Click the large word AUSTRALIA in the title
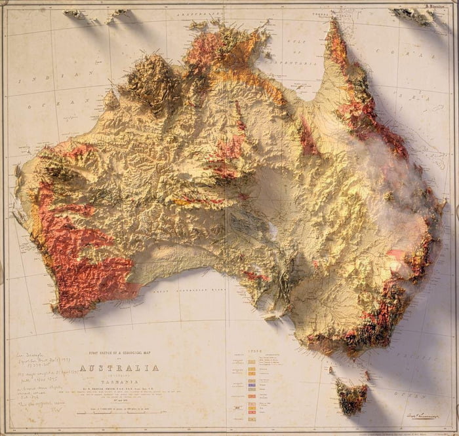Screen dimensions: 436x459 coord(118,368)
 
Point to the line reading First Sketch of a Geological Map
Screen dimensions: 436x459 coord(118,354)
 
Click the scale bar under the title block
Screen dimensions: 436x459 coord(118,412)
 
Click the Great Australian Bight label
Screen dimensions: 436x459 coord(190,287)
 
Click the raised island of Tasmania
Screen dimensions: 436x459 coord(350,396)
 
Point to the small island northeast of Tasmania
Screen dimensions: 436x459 coord(367,374)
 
